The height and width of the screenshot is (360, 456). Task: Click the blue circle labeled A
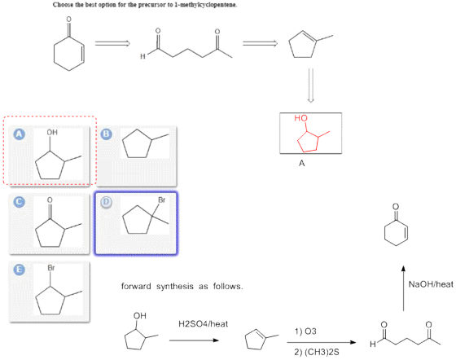pos(20,134)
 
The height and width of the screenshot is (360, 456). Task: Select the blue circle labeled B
pos(106,134)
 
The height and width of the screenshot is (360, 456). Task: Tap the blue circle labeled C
pos(20,202)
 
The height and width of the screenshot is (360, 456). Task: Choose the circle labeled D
pos(106,202)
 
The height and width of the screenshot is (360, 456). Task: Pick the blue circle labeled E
pos(20,270)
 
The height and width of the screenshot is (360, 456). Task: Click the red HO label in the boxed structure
pos(300,118)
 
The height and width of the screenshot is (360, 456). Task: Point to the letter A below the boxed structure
pos(302,163)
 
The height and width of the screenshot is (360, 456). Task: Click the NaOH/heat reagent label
pos(431,284)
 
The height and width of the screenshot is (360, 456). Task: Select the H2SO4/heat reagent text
pos(203,324)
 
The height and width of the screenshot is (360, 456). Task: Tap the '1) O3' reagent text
pos(305,331)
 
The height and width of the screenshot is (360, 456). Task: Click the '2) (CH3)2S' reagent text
pos(317,352)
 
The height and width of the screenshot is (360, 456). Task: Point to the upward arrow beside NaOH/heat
pos(403,288)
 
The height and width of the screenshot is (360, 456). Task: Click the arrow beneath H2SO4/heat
pos(194,340)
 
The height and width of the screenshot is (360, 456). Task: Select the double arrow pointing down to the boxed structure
pos(310,86)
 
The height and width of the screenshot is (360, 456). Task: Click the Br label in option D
pos(162,200)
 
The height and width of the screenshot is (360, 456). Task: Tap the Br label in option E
pos(50,268)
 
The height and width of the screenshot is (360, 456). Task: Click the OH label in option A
pos(52,132)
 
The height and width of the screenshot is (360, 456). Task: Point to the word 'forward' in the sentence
pos(136,287)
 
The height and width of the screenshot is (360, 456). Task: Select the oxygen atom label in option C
pos(50,200)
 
